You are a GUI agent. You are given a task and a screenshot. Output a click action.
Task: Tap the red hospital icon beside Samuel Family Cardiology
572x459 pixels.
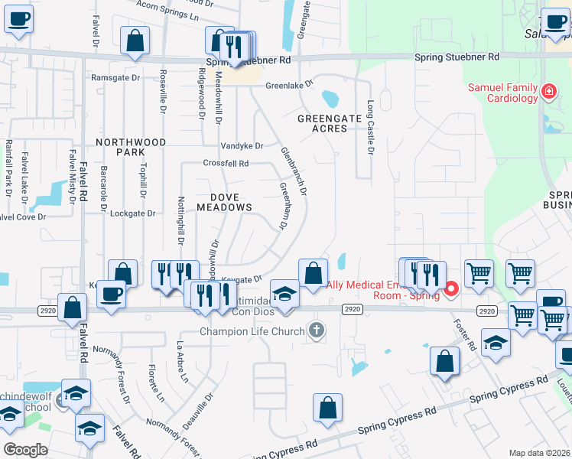point(548,93)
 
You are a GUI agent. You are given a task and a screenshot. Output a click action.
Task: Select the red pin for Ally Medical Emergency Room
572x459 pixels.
point(451,288)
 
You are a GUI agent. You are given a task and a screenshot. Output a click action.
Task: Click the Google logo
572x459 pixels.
point(25,450)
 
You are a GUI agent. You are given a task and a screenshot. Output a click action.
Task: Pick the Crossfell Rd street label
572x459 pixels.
point(226,163)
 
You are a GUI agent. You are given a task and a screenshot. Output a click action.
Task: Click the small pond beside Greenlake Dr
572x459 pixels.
point(330,99)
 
